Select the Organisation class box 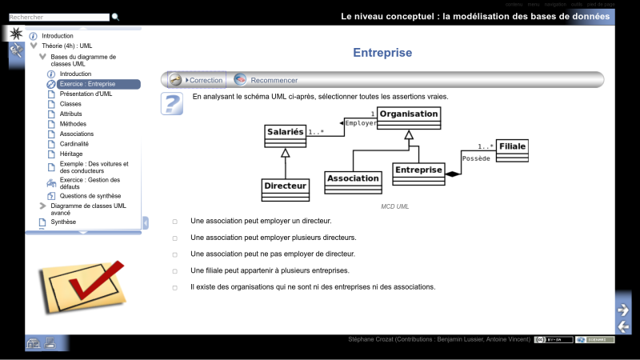pyautogui.click(x=408, y=118)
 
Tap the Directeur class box pyautogui.click(x=285, y=189)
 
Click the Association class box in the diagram pyautogui.click(x=353, y=182)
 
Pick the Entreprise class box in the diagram pyautogui.click(x=418, y=174)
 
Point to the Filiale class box pyautogui.click(x=512, y=150)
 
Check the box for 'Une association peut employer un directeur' pyautogui.click(x=175, y=221)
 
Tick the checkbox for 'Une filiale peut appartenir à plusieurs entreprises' pyautogui.click(x=175, y=271)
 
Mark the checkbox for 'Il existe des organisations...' pyautogui.click(x=175, y=287)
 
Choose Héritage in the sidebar pyautogui.click(x=71, y=154)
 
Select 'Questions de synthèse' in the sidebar pyautogui.click(x=90, y=196)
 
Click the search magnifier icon pyautogui.click(x=115, y=17)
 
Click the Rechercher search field pyautogui.click(x=58, y=17)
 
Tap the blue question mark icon pyautogui.click(x=172, y=103)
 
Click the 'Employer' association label pyautogui.click(x=360, y=123)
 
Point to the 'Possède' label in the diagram pyautogui.click(x=476, y=158)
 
